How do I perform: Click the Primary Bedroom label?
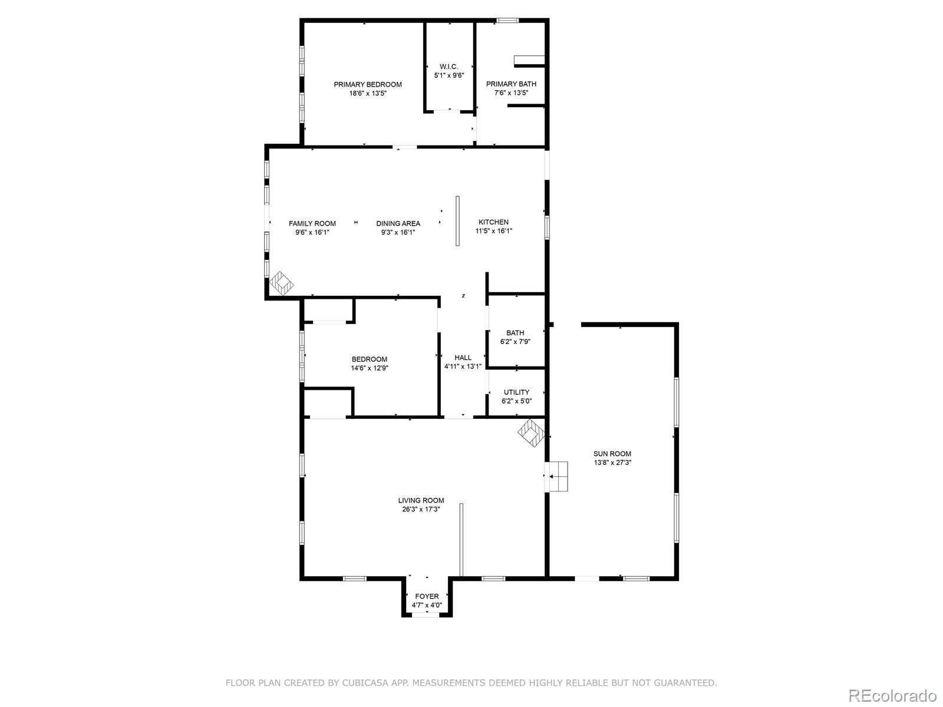368,84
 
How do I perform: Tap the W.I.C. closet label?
449,67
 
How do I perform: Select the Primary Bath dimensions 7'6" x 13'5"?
511,93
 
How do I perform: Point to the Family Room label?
312,223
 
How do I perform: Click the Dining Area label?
398,223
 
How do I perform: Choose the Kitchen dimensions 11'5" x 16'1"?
494,232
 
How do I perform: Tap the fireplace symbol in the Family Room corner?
282,283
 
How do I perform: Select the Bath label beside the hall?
515,333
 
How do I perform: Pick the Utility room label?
516,392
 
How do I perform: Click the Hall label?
463,358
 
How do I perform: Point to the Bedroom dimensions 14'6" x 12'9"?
370,368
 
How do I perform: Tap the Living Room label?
421,500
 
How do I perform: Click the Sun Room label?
612,454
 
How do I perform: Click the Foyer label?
427,596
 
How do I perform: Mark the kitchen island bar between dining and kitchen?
457,221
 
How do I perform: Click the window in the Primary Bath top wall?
507,21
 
